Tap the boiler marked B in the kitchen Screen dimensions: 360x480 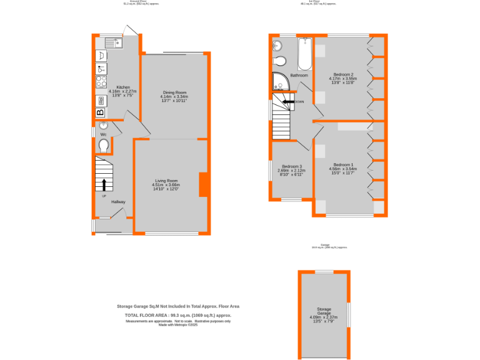(x=100, y=113)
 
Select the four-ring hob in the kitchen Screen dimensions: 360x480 (x=100, y=81)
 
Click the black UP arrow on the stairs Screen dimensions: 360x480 (x=104, y=184)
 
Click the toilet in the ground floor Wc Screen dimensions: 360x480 (x=104, y=146)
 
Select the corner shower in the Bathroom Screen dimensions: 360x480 (x=278, y=81)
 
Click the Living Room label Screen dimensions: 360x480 (x=166, y=185)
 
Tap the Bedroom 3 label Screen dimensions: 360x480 (x=291, y=170)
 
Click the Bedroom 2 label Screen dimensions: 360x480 (x=343, y=78)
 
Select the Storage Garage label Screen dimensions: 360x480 (x=323, y=315)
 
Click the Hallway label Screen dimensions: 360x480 (x=118, y=202)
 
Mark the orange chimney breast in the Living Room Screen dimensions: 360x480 (x=203, y=184)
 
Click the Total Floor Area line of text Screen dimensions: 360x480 (x=178, y=316)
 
